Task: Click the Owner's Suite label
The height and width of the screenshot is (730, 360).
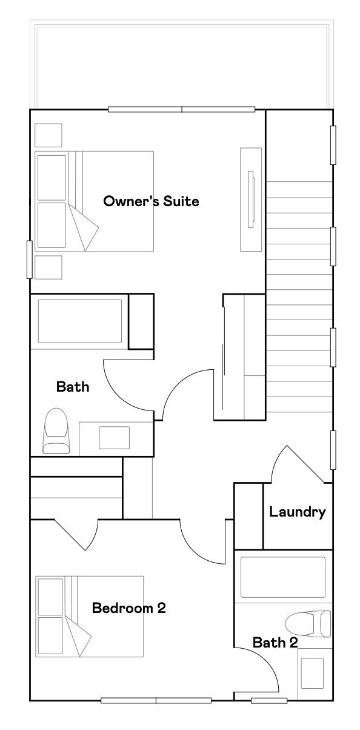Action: tap(151, 201)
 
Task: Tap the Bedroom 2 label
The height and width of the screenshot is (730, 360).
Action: tap(128, 608)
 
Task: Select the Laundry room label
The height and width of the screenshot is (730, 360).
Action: tap(298, 512)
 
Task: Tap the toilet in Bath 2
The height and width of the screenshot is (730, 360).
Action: tap(308, 623)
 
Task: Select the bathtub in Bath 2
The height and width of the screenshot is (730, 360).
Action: tap(283, 577)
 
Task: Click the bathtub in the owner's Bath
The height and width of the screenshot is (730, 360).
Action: tap(80, 321)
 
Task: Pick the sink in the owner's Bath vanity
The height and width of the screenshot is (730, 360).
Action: tap(114, 438)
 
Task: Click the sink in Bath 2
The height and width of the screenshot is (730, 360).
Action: tap(312, 673)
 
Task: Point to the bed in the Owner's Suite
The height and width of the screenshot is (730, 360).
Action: tap(94, 201)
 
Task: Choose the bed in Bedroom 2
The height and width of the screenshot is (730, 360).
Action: tap(90, 616)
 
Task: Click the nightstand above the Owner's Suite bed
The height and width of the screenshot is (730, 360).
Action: tap(48, 135)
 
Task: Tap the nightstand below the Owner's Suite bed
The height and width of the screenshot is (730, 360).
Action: tap(48, 267)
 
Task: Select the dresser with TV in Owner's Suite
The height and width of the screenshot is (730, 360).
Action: tap(251, 199)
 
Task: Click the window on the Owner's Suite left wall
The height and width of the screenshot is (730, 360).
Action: tap(29, 260)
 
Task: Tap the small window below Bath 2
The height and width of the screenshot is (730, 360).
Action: tap(269, 701)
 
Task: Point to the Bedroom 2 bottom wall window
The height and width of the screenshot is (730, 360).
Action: tap(156, 701)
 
